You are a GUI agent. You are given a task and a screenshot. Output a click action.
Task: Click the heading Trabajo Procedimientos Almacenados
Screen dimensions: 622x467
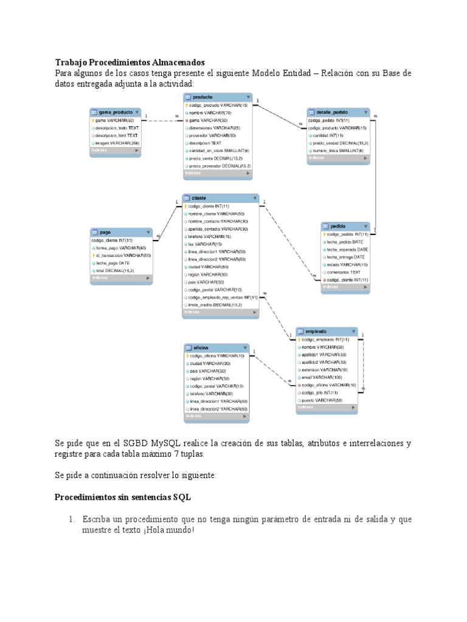pos(130,62)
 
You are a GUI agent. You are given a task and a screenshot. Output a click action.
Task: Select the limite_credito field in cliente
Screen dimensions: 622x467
pos(215,305)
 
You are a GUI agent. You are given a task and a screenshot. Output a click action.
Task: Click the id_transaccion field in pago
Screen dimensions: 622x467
pos(125,256)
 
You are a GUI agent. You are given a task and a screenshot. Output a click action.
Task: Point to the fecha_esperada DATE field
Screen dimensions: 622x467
pos(347,249)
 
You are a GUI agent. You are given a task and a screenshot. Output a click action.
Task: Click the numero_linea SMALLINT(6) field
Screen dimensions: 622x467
pos(337,150)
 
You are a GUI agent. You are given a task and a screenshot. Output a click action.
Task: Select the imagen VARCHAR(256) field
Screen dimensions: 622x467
pos(117,143)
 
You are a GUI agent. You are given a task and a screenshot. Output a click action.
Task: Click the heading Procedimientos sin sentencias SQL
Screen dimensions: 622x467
pos(123,497)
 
